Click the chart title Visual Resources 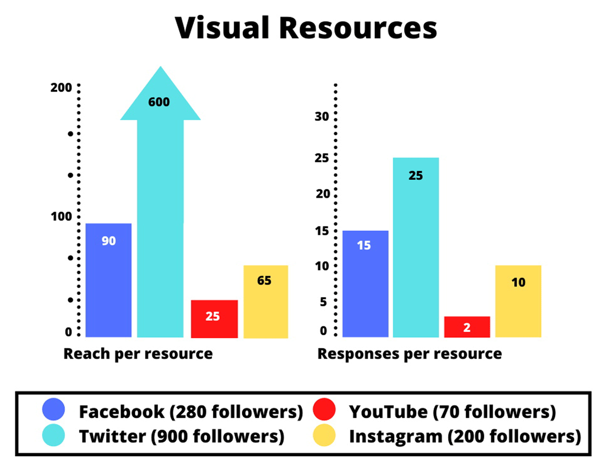pos(306,28)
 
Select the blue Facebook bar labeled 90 pos(108,280)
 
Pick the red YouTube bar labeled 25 pos(214,319)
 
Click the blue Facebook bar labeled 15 pos(365,284)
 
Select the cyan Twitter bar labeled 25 pos(415,247)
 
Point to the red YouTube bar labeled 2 pos(467,327)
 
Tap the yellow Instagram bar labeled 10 pos(518,301)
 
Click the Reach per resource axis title pos(138,353)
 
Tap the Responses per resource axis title pos(409,353)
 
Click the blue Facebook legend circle pos(54,411)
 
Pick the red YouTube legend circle pos(324,411)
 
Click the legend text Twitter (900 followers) pos(181,436)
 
